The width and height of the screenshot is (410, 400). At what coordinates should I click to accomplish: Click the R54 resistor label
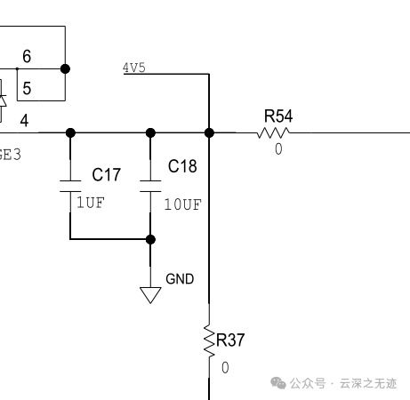tap(278, 116)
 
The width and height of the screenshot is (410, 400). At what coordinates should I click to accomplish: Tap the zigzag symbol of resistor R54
tap(273, 132)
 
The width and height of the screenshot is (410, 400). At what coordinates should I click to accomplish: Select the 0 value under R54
tap(278, 148)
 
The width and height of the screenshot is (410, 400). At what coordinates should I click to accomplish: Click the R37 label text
tap(230, 340)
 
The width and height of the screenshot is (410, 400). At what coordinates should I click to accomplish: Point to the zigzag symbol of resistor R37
tap(209, 341)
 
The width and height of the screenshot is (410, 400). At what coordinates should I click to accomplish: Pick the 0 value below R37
tap(225, 368)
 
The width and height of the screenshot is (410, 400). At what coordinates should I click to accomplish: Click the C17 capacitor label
tap(106, 174)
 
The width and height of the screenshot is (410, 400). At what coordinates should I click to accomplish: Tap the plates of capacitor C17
tap(70, 186)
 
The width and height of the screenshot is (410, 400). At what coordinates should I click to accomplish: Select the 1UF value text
tap(91, 203)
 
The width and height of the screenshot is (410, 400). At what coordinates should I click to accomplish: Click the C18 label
tap(182, 166)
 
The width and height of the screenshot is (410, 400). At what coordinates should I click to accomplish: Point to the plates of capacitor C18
tap(150, 186)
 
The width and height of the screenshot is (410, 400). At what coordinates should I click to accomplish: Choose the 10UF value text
tap(183, 204)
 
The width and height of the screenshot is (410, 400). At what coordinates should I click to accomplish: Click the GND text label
tap(180, 279)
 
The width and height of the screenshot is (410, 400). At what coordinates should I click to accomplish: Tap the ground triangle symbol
tap(150, 294)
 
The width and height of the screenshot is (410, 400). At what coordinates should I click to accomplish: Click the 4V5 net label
tap(134, 68)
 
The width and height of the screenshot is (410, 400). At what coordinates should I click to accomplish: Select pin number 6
tap(27, 56)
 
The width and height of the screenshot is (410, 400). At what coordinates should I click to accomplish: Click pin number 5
tap(27, 88)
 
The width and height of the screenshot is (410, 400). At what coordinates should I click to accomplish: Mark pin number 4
tap(24, 121)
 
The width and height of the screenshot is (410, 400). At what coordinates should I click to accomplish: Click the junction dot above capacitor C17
tap(70, 132)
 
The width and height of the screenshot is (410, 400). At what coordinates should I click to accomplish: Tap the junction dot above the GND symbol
tap(150, 239)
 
